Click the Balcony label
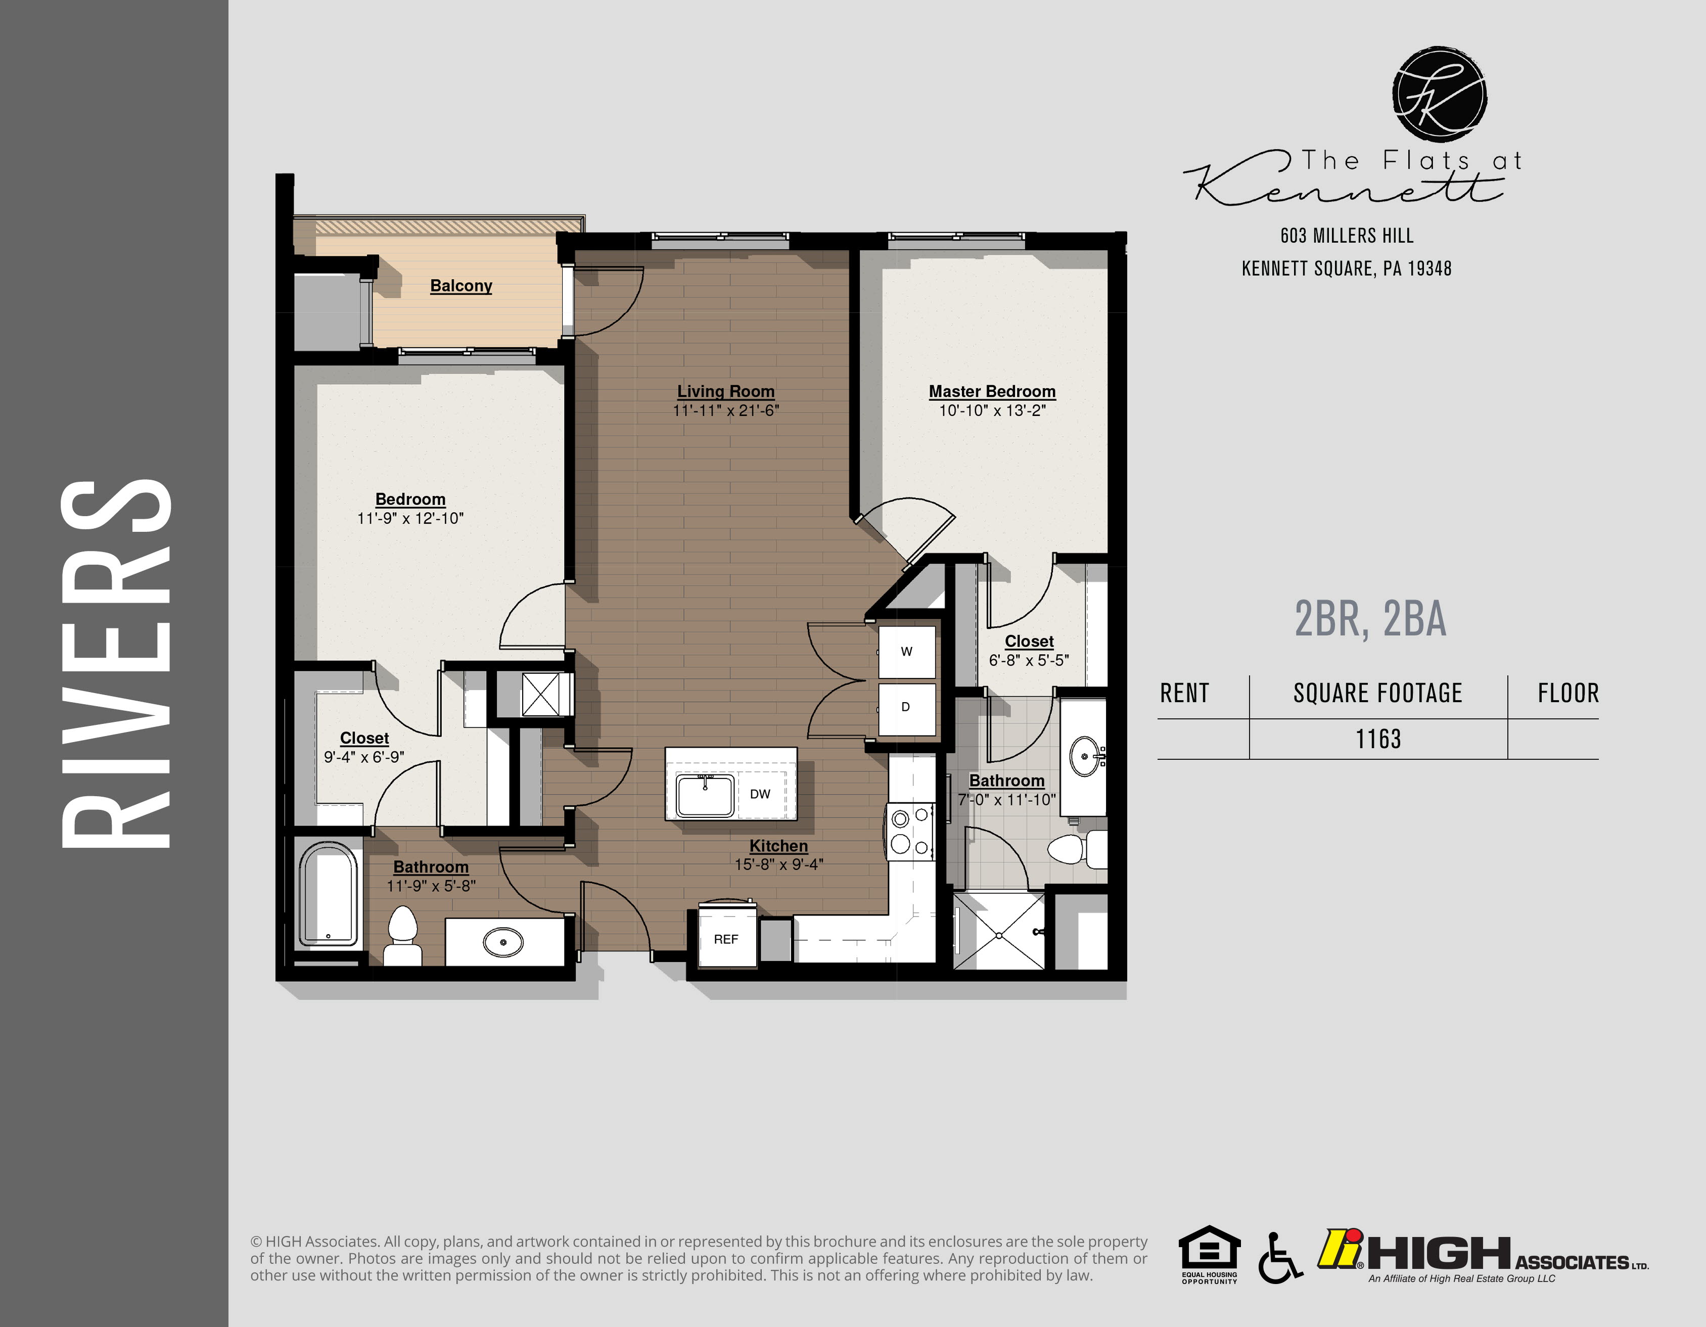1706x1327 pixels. pos(461,286)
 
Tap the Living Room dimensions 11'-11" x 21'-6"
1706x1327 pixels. pos(726,411)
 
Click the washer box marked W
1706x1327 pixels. pos(906,652)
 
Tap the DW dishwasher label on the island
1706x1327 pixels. pos(759,794)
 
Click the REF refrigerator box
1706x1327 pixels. pos(726,939)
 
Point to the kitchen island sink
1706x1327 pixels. pos(705,796)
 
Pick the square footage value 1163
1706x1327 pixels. pos(1378,739)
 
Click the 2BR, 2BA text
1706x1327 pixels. pos(1370,619)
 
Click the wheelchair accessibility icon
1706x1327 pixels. pos(1279,1258)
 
